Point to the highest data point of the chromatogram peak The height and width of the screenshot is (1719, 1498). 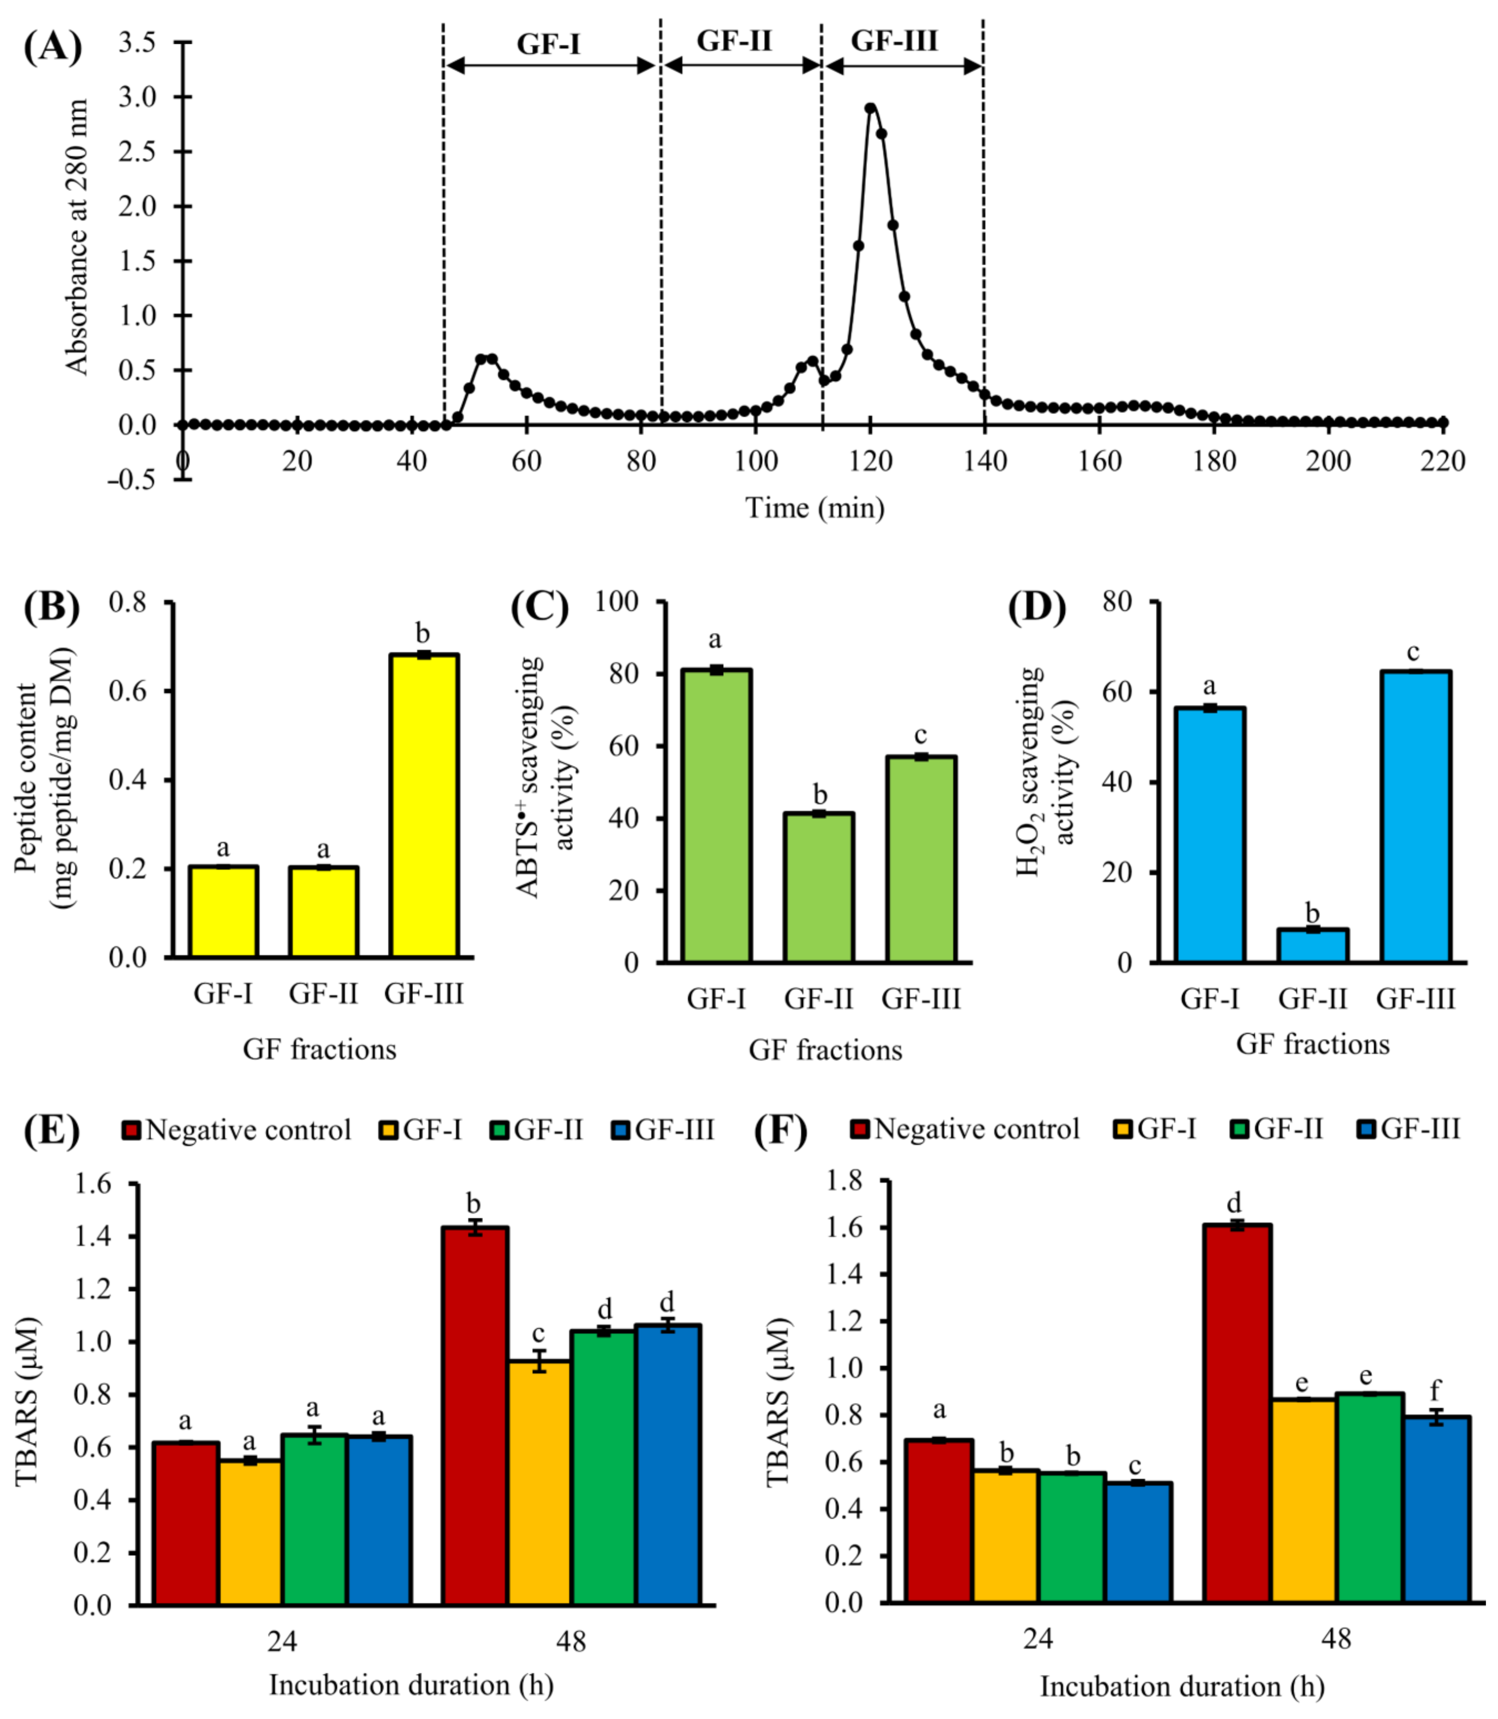coord(870,108)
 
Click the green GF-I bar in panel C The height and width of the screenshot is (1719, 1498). coord(716,815)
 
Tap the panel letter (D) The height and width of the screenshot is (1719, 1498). coord(1037,608)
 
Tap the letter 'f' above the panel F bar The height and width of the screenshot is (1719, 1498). coord(1435,1389)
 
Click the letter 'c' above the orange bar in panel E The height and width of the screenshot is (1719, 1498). coord(538,1334)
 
